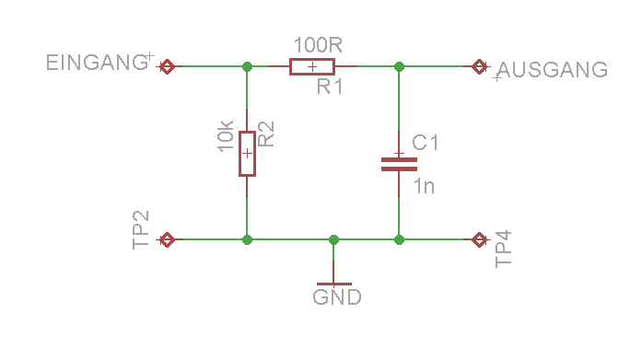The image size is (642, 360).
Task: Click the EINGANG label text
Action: pos(97,63)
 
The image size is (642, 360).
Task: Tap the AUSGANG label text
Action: pos(553,70)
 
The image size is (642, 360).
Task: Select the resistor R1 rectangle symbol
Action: pos(312,66)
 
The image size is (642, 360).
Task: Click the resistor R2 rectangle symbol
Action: pos(247,154)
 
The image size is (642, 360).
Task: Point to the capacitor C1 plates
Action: pos(399,164)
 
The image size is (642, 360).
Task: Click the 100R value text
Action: pos(318,44)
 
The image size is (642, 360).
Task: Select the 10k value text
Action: pos(226,136)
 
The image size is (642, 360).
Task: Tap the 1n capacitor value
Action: pos(425,186)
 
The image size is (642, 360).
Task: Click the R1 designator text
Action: pos(330,87)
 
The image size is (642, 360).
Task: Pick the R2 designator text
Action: pos(266,134)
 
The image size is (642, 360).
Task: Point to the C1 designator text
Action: pos(425,143)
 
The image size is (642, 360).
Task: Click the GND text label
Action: pos(337,297)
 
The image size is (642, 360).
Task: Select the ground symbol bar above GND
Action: pos(334,284)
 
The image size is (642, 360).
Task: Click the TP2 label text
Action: pos(140,230)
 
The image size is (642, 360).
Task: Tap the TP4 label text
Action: pos(504,249)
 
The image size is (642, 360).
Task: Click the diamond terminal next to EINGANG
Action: pos(167,66)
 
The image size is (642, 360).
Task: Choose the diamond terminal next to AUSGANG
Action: pos(479,66)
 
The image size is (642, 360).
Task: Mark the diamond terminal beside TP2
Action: pos(167,239)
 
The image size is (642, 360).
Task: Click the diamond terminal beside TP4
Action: pos(479,239)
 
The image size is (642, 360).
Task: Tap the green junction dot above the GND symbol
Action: pos(334,239)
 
